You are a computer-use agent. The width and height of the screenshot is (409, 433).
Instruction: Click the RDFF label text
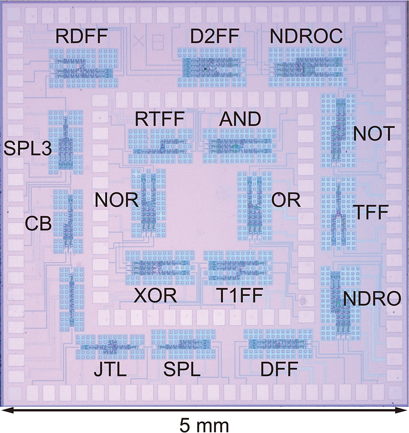point(81,38)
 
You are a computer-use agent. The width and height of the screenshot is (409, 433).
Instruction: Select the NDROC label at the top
point(306,38)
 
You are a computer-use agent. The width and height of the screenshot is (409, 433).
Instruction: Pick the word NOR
point(116,200)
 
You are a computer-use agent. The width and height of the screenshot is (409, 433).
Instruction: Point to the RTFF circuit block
point(160,146)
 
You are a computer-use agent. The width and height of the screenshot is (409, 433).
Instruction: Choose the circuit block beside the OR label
point(254,206)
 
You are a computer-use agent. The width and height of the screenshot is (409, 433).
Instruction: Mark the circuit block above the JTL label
point(111,346)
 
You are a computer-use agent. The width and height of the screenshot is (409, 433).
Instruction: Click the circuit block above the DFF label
point(278,344)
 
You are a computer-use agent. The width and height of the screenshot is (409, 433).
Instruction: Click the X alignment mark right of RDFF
point(138,41)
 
